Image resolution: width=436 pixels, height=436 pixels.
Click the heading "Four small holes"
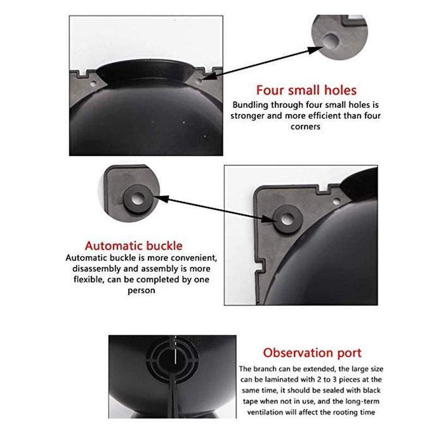point(306,90)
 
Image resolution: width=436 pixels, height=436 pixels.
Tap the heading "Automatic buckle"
point(134,246)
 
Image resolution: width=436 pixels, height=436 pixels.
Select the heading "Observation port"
point(312,353)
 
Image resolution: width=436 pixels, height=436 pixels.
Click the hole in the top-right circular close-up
point(331,40)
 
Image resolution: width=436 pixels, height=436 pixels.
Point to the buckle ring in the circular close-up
point(138,199)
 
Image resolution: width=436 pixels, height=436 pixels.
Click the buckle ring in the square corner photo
point(287,219)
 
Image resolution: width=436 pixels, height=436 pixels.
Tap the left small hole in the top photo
point(93,83)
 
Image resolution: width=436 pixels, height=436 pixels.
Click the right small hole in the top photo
point(198,81)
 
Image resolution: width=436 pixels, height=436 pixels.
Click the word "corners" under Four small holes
point(305,127)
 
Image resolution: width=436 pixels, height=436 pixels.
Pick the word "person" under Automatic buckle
point(141,291)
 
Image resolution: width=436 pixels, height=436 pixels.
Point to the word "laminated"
point(284,379)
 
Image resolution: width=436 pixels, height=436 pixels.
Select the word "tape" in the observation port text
point(249,402)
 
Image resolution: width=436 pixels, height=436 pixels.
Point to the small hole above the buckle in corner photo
point(336,201)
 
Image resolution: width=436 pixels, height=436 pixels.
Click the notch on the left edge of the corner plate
point(260,265)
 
